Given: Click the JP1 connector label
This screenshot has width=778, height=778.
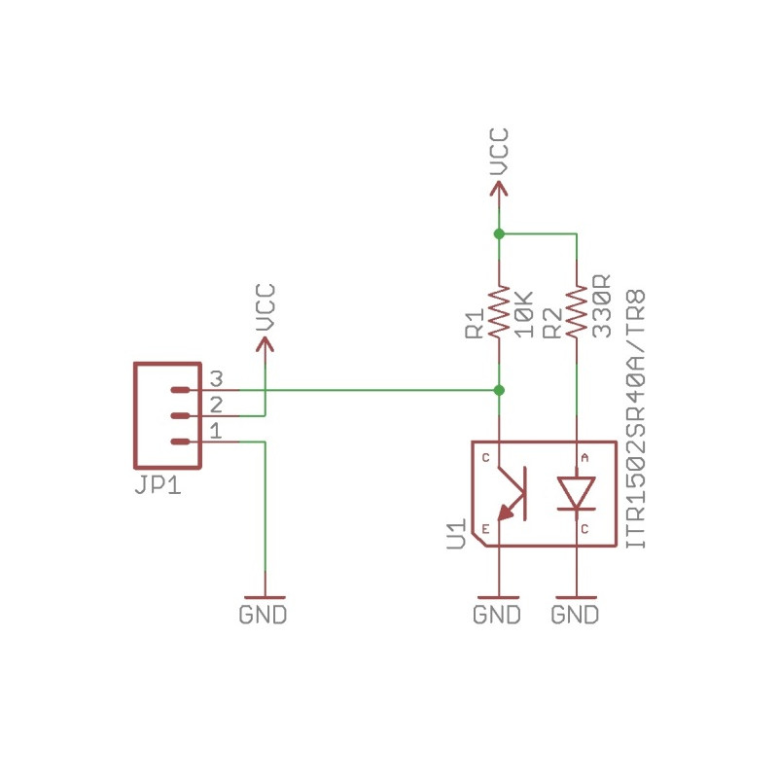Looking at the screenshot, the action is coord(158,485).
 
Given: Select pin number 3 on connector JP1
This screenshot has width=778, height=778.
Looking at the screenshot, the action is coord(216,379).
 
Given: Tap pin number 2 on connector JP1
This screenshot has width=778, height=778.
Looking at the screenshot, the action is coord(216,405).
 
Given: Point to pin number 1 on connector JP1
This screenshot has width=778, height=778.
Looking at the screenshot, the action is coord(216,431).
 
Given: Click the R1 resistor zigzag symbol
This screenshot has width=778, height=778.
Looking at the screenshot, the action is coord(499,312).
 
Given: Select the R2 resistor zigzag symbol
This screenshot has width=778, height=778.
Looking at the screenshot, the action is coord(577,312).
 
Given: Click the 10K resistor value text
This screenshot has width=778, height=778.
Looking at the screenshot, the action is coord(523,314).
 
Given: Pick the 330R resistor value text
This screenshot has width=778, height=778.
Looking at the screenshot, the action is coord(601,306).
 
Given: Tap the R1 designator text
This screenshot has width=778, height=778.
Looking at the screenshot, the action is coord(475,324).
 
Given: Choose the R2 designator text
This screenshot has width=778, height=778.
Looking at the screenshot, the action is coord(552,324).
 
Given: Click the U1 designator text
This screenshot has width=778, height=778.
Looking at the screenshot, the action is coord(456,534).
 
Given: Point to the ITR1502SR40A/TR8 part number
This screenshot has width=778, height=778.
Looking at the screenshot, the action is coord(636,419).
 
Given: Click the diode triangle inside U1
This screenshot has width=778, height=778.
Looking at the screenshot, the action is coord(577,492).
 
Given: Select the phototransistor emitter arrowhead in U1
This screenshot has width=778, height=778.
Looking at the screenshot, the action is coord(506,513).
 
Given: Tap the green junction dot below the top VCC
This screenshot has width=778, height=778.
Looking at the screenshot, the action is coord(499,233).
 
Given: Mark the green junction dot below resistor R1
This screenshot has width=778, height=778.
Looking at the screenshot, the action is coord(499,391).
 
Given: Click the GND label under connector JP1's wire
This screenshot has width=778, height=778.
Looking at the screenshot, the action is coord(263,615).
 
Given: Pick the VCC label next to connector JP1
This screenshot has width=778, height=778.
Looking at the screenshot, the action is coord(265,307).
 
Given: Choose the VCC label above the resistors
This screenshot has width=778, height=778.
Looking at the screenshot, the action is coord(499,152).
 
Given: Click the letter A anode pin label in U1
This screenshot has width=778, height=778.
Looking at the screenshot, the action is coord(584,458).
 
